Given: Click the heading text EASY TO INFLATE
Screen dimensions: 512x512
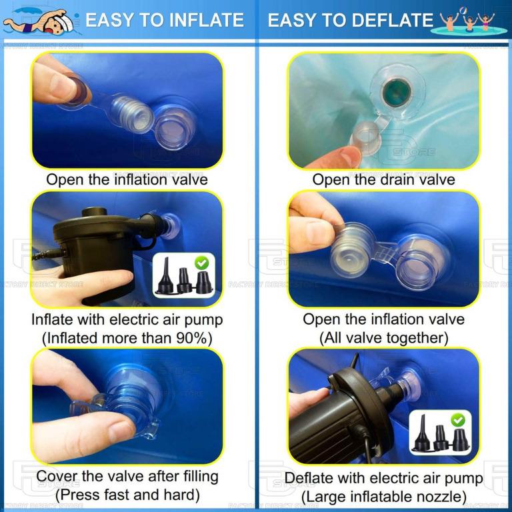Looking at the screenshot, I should (164, 20).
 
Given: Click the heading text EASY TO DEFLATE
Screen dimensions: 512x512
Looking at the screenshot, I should (350, 20).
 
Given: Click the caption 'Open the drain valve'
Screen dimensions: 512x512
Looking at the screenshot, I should (383, 179).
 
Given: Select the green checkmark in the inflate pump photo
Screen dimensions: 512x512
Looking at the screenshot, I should (201, 264).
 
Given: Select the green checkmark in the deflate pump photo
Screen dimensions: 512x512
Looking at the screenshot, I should (457, 420).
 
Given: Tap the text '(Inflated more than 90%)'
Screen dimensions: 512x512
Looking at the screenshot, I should (127, 338).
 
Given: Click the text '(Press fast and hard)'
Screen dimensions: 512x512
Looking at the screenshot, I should (127, 495).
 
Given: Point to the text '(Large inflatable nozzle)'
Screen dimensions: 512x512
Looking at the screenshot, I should (383, 497).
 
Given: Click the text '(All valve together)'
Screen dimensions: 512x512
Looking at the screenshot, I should (383, 338).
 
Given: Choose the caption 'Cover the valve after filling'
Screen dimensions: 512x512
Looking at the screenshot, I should (127, 476).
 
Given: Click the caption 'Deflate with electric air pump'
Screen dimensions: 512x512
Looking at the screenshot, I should (383, 478).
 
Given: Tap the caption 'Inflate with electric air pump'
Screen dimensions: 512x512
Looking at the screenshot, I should (127, 319).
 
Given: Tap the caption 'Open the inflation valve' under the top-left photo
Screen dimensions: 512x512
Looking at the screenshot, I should (127, 179).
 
